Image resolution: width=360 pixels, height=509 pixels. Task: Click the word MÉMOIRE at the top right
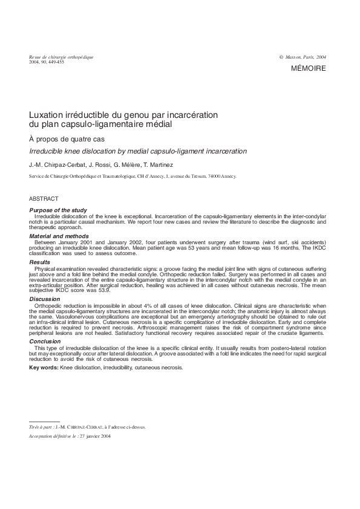coord(309,69)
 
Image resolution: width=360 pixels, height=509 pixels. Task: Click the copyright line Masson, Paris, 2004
coord(305,57)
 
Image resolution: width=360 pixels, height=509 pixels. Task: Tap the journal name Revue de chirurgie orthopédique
coord(61,57)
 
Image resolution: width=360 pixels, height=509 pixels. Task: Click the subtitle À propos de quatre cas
coord(58,139)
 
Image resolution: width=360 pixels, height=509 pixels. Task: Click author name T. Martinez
coord(159,164)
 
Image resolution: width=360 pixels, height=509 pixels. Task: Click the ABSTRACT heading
coord(44,198)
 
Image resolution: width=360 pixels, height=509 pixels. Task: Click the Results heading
coord(40,262)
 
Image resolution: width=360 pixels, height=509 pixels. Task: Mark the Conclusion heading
coord(45,342)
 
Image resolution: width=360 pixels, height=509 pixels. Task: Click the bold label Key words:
coord(44,368)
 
